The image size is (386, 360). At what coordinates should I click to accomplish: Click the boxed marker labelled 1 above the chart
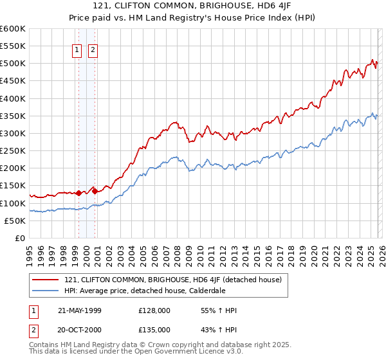coord(77,50)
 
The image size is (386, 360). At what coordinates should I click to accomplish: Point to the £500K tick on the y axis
coord(12,64)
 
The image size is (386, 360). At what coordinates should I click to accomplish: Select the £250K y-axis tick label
coord(12,151)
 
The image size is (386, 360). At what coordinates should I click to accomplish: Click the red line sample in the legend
coord(46,280)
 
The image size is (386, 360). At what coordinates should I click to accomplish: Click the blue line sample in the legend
coord(46,291)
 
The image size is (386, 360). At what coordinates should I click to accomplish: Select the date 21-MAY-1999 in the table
coord(79,310)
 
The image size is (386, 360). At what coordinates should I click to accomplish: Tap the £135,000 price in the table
coord(154,330)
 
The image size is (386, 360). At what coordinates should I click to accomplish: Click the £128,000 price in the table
coord(154,310)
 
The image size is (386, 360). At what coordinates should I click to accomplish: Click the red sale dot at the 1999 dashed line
coord(78,193)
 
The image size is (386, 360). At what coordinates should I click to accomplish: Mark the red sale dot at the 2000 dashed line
coord(95,190)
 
